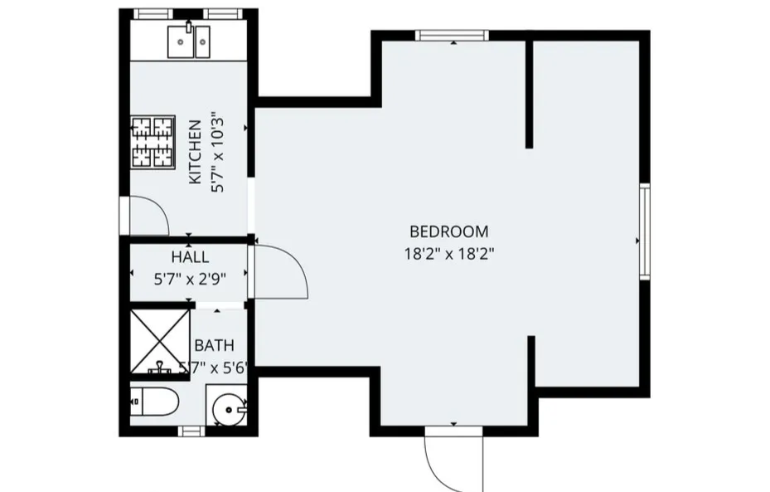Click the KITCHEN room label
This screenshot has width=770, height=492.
[196, 153]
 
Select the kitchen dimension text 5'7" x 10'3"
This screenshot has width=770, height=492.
[219, 153]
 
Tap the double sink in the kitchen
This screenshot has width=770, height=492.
[189, 41]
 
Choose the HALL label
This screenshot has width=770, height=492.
[190, 258]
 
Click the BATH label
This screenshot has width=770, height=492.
[214, 345]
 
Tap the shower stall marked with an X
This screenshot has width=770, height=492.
[160, 342]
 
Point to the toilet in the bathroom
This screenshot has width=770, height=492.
[155, 403]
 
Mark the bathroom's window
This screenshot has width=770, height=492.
[191, 431]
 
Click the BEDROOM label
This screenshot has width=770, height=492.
[449, 231]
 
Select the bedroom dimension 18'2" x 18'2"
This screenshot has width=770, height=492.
[449, 254]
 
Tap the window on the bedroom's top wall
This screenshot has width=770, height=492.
[451, 36]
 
